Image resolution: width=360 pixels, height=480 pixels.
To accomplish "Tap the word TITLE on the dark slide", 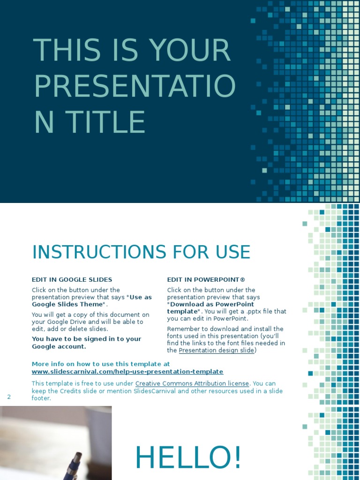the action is [x=105, y=122].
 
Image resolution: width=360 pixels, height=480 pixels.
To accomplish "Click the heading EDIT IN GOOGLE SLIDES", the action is [x=72, y=279].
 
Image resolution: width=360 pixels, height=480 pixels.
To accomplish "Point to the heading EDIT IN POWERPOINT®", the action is [x=206, y=279].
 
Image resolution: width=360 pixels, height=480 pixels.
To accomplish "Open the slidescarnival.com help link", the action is [x=127, y=372].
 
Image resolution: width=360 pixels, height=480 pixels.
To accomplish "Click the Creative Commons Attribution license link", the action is [x=192, y=383].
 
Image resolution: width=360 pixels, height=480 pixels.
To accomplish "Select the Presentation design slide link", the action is [x=217, y=350].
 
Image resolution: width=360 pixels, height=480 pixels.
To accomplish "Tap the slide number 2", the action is [x=9, y=397].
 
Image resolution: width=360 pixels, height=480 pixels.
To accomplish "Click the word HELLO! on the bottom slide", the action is [x=188, y=457].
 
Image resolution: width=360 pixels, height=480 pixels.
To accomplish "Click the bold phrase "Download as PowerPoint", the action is [x=210, y=304].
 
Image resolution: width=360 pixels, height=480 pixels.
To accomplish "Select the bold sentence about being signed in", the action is [x=87, y=343].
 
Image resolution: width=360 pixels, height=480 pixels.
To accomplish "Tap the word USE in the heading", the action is [x=232, y=252].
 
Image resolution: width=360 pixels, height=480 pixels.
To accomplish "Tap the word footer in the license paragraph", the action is [x=41, y=398].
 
